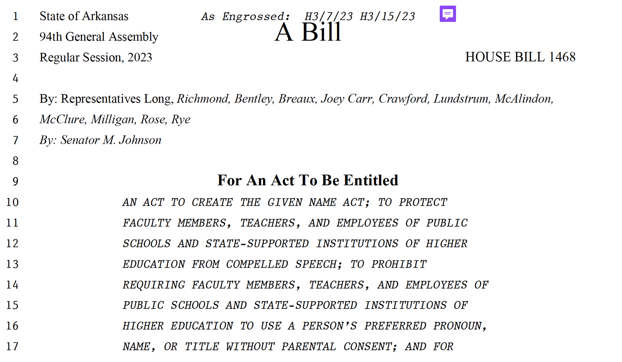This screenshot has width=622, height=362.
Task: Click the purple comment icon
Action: pos(447,14)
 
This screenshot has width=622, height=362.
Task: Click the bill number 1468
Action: pos(562,57)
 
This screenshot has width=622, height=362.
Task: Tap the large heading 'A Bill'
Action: pos(308,32)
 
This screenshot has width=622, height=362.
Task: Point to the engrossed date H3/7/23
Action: pos(328,16)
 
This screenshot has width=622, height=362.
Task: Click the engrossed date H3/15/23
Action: pos(387,16)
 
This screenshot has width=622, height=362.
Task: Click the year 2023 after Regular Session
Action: pos(140,57)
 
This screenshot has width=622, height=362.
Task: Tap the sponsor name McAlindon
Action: pos(523,99)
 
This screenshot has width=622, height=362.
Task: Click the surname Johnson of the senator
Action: pos(140,140)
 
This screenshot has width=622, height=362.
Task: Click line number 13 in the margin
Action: pos(12,264)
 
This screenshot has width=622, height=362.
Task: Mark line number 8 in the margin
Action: pos(16,161)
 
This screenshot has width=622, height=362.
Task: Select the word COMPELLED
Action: pos(257,264)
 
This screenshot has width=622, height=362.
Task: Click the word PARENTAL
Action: pos(308,346)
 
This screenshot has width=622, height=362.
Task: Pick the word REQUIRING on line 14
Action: pos(154,285)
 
